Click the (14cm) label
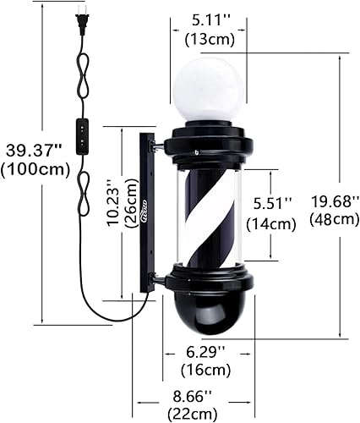point(272,223)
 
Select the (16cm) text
point(207,370)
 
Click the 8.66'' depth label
point(194,395)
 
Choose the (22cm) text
point(194,413)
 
